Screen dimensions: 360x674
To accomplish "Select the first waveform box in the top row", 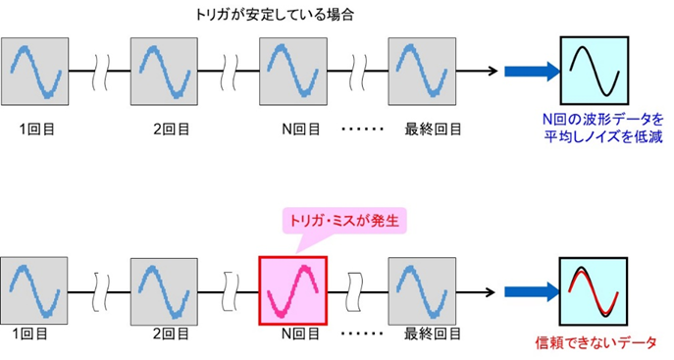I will [36, 71].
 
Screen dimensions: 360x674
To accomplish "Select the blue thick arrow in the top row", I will [530, 70].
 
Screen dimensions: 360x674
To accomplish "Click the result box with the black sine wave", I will [595, 70].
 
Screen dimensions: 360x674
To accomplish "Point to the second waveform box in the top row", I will [165, 71].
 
